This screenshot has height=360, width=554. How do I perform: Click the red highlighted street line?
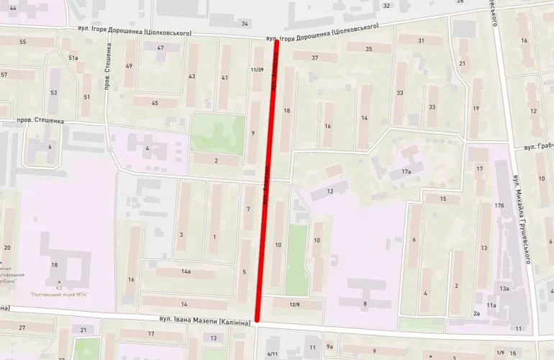(x=267, y=180)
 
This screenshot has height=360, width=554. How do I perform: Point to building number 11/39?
(x=255, y=70)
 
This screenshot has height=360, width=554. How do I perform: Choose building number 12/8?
(x=295, y=305)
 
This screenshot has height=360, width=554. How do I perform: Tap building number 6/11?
(x=272, y=354)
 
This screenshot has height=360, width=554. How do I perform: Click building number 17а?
(x=406, y=172)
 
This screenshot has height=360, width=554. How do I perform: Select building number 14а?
(x=186, y=271)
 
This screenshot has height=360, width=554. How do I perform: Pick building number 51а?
(x=73, y=58)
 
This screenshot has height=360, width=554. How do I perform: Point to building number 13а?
(x=504, y=288)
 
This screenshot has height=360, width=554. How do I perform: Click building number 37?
(x=315, y=57)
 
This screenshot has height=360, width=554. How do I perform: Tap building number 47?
(x=160, y=48)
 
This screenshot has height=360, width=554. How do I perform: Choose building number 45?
(x=154, y=103)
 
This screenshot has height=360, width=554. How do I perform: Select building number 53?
(x=53, y=92)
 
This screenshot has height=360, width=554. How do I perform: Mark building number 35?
(x=368, y=49)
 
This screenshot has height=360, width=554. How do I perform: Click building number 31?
(x=421, y=40)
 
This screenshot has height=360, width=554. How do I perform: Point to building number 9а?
(x=330, y=346)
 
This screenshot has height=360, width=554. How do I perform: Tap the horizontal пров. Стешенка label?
(x=40, y=121)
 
